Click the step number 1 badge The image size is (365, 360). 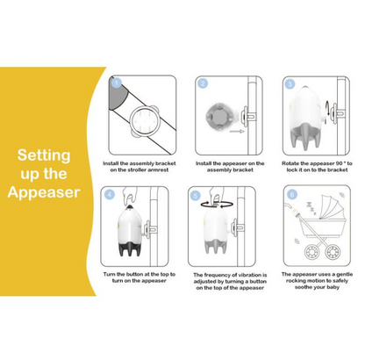pyautogui.click(x=117, y=83)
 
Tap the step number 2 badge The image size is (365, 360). pyautogui.click(x=203, y=83)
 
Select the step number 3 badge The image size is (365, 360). pyautogui.click(x=290, y=84)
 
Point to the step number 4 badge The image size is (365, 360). pyautogui.click(x=110, y=195)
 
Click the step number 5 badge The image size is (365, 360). pyautogui.click(x=196, y=196)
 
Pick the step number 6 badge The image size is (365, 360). pyautogui.click(x=292, y=194)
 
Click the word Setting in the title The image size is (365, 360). pyautogui.click(x=44, y=155)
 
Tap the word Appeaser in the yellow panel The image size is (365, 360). pyautogui.click(x=44, y=192)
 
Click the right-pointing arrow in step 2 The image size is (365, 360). pyautogui.click(x=237, y=132)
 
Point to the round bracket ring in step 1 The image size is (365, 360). pyautogui.click(x=130, y=119)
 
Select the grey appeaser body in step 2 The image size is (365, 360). pyautogui.click(x=220, y=117)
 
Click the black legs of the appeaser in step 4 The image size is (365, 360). pyautogui.click(x=130, y=249)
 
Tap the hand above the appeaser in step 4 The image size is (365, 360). pyautogui.click(x=130, y=197)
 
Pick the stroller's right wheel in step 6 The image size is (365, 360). pyautogui.click(x=333, y=252)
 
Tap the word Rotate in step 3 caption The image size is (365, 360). pyautogui.click(x=290, y=163)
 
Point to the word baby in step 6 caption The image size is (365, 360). pyautogui.click(x=333, y=287)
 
